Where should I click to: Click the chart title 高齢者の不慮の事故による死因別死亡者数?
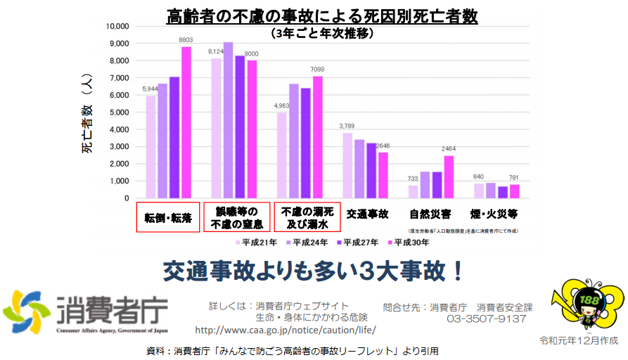coord(321,15)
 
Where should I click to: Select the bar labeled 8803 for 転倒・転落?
coord(186,122)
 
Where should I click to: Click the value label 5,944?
coord(150,89)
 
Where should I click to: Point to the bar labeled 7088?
coord(317,137)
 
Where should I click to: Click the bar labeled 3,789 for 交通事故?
coord(347,165)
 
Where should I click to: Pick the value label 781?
coord(515,177)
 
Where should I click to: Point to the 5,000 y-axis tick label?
coord(119,112)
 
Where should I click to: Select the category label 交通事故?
coord(369,213)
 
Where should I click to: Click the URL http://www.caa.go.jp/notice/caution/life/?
coord(285,330)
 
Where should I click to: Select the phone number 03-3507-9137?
coord(487,319)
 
